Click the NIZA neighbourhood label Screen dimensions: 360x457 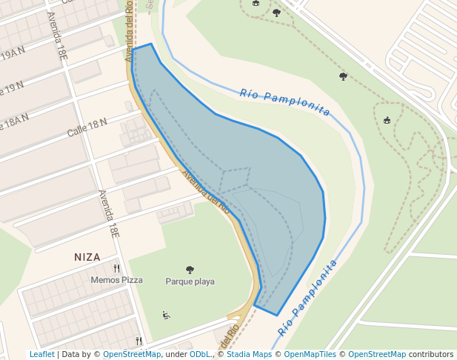pos(87,257)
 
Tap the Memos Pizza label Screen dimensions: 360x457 pos(116,280)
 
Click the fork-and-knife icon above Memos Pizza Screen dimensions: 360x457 pos(116,268)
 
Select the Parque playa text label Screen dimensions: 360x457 pos(190,281)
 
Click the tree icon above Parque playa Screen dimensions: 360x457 pos(190,270)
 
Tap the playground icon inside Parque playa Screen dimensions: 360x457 pos(166,316)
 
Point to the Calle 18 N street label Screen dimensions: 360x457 pos(87,127)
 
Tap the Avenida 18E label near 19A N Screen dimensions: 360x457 pos(57,36)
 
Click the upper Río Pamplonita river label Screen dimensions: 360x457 pos(284,102)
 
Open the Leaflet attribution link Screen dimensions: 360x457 pos(41,354)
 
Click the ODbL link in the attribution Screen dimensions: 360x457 pos(200,354)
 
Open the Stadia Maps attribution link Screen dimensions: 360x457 pos(249,354)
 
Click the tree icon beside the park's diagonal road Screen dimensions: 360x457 pos(343,76)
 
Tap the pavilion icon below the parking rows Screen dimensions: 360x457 pos(387,120)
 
